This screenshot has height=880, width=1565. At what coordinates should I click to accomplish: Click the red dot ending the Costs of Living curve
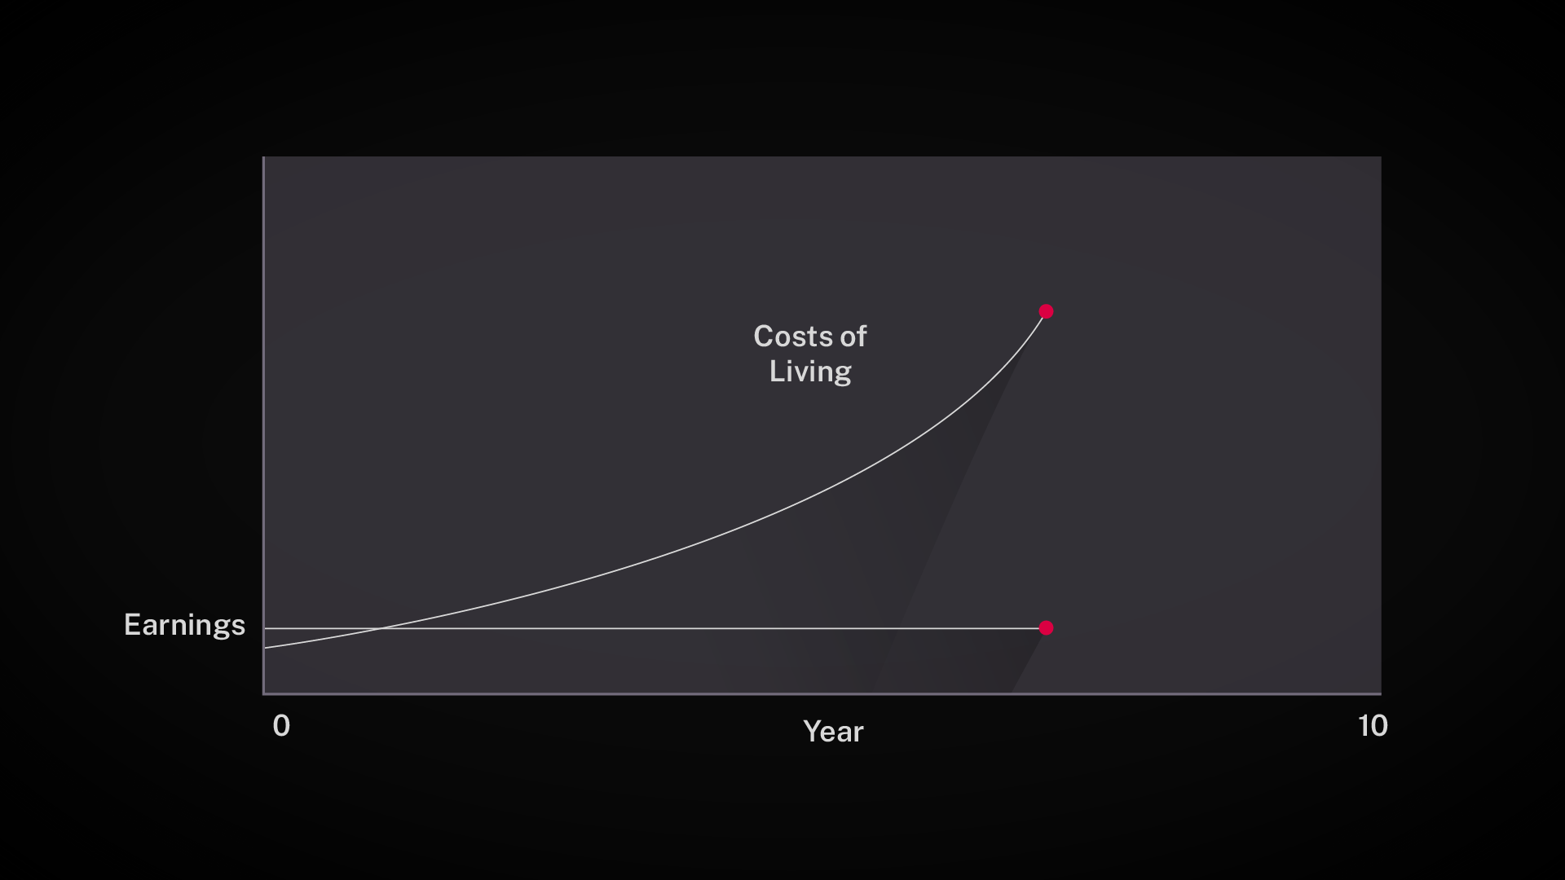(1047, 311)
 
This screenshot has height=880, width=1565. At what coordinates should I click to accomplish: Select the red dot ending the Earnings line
(1047, 627)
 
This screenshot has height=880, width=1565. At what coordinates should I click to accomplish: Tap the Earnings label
(184, 626)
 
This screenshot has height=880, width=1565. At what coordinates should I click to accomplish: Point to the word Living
(810, 372)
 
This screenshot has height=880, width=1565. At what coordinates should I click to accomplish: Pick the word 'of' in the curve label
(853, 336)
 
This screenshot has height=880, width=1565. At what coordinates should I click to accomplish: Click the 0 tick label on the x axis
(281, 725)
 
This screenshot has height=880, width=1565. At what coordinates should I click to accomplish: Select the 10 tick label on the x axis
(1373, 725)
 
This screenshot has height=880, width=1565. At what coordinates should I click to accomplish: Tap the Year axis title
(833, 731)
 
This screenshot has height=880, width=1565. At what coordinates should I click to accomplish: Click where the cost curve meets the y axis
(264, 648)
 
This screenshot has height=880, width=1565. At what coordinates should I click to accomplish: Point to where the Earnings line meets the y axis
(264, 628)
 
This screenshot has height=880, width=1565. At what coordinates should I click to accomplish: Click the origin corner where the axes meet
(263, 694)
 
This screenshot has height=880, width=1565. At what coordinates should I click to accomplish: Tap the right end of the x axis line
(1381, 694)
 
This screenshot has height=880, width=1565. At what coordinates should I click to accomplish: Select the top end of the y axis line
(263, 157)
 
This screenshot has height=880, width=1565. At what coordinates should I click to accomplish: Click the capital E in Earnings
(132, 624)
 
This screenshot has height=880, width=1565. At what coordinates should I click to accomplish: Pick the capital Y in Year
(813, 731)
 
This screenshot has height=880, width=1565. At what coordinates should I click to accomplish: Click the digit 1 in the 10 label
(1363, 725)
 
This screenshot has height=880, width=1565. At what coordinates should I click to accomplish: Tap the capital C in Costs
(764, 336)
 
